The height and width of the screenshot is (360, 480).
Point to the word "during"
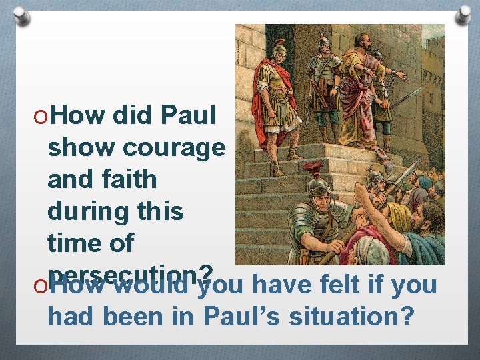83,211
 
